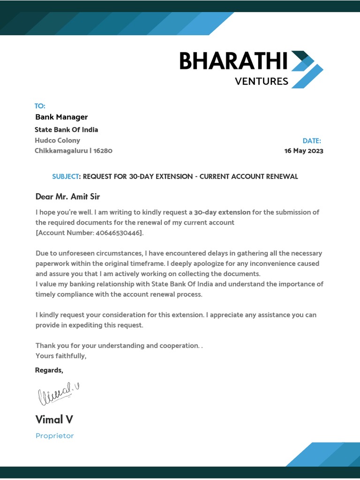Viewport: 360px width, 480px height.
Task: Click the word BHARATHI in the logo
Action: (x=233, y=61)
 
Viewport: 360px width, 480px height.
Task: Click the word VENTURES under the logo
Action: (x=261, y=82)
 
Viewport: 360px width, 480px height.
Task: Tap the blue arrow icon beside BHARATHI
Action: (x=307, y=69)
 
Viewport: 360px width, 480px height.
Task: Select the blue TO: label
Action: (x=40, y=106)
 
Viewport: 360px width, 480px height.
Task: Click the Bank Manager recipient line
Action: (x=61, y=117)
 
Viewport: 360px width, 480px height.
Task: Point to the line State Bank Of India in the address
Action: (x=66, y=130)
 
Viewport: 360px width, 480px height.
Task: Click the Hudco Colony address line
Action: (x=57, y=140)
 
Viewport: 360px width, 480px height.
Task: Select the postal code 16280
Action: (x=103, y=150)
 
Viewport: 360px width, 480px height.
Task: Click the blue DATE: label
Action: (x=312, y=141)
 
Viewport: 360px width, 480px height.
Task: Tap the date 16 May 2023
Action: (x=304, y=151)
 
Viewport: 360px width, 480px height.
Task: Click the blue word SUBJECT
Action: (x=66, y=177)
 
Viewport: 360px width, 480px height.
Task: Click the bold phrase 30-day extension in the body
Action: (x=222, y=212)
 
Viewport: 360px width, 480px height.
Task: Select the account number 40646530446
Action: (x=116, y=233)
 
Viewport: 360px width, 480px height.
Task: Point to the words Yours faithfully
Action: (x=61, y=356)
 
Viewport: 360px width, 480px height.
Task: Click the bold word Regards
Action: (x=49, y=370)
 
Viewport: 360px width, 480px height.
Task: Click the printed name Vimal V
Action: (x=54, y=419)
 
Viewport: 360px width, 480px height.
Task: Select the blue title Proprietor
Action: (x=54, y=436)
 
